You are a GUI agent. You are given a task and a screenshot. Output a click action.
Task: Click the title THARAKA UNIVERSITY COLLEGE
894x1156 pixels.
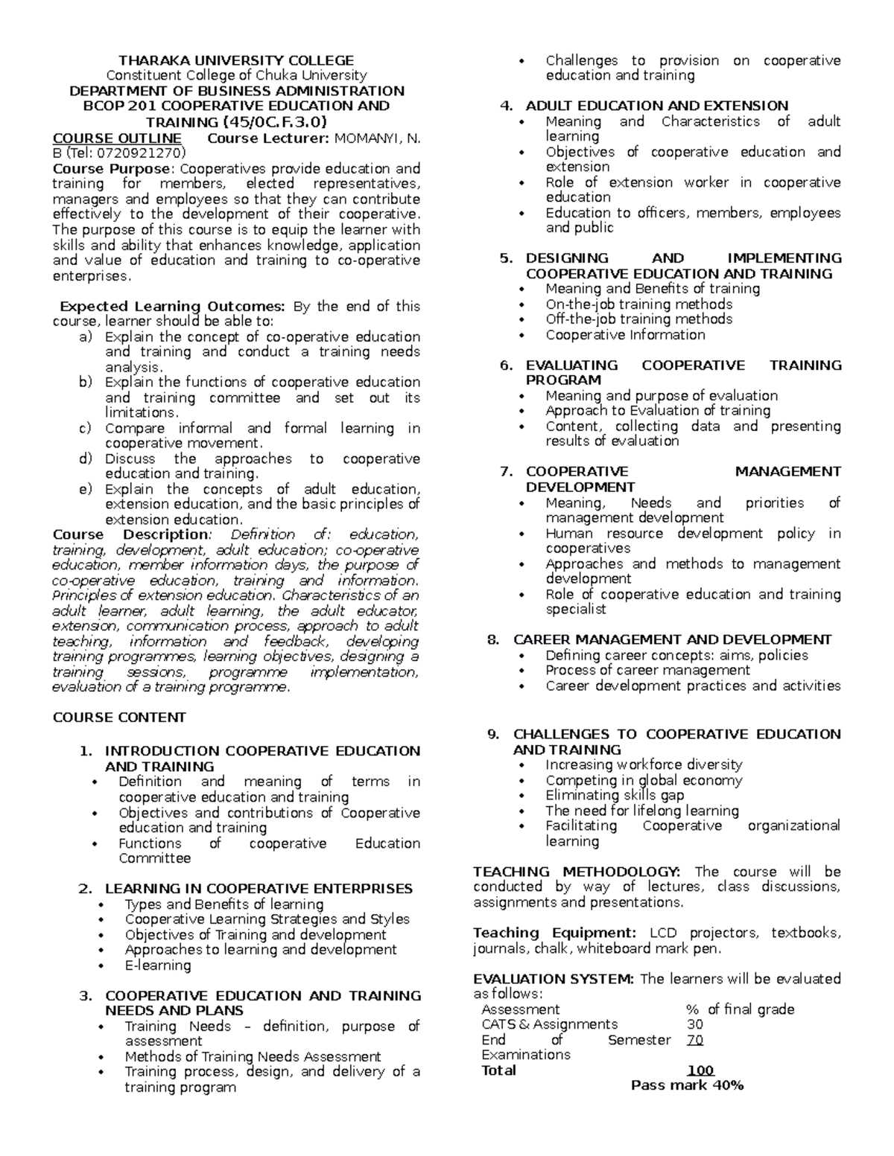click(237, 60)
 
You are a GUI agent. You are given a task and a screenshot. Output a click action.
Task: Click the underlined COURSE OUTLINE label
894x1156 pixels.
click(117, 138)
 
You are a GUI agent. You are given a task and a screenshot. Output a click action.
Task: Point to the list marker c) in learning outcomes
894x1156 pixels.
click(85, 428)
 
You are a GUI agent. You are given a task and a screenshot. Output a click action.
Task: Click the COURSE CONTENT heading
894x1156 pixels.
click(119, 718)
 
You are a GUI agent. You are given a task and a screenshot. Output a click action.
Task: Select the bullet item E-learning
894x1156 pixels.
click(158, 965)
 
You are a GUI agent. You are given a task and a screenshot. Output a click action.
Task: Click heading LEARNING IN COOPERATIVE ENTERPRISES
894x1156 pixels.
click(259, 889)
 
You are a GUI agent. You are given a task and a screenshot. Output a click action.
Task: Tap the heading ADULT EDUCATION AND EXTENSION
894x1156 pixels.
click(656, 106)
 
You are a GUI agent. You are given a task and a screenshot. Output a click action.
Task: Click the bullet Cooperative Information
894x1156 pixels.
click(625, 335)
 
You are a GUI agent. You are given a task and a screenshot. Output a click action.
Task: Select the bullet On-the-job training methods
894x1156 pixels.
click(638, 304)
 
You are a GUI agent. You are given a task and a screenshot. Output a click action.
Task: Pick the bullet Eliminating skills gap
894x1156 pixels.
click(615, 795)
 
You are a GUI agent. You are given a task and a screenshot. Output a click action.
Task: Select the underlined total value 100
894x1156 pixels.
click(700, 1070)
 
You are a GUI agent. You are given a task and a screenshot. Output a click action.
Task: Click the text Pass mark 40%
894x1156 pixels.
click(687, 1085)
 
